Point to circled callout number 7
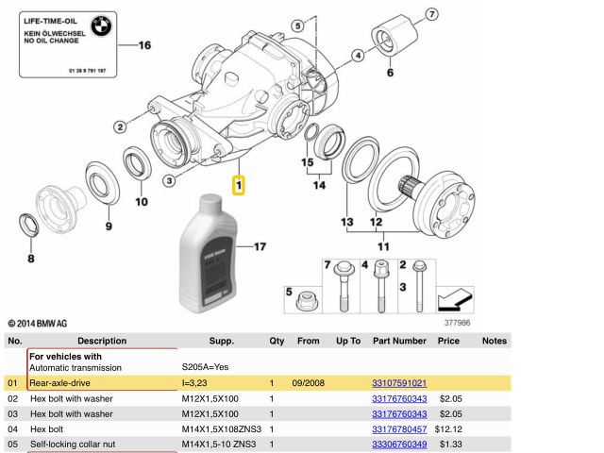[x=431, y=14]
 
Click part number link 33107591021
[x=399, y=383]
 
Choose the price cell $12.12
[x=450, y=429]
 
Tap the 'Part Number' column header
[x=399, y=341]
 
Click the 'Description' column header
[x=102, y=341]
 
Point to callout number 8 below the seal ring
[x=30, y=258]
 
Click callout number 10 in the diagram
[x=141, y=201]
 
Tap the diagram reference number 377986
[x=458, y=322]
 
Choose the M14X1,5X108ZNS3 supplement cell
[x=221, y=429]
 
